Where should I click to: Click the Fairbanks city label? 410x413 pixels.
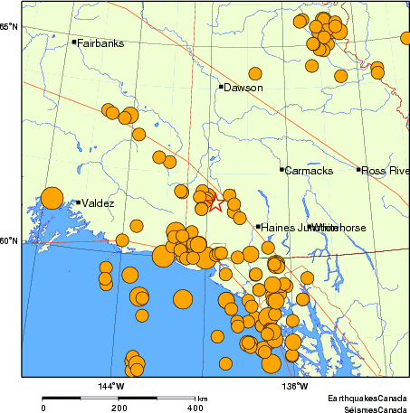click(x=100, y=42)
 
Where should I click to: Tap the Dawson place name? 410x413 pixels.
click(x=243, y=88)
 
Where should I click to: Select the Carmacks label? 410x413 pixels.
click(x=309, y=170)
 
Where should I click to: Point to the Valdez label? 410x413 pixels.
click(x=98, y=203)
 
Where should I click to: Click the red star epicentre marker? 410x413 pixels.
click(x=215, y=202)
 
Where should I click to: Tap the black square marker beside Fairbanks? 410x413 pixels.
click(x=74, y=42)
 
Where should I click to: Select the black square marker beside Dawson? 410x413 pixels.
click(x=220, y=87)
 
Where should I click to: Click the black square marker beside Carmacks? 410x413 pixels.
click(x=282, y=169)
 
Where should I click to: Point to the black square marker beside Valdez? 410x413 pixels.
click(x=79, y=202)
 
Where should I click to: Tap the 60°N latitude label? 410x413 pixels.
click(x=9, y=240)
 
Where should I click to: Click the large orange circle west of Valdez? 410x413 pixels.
click(x=52, y=198)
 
